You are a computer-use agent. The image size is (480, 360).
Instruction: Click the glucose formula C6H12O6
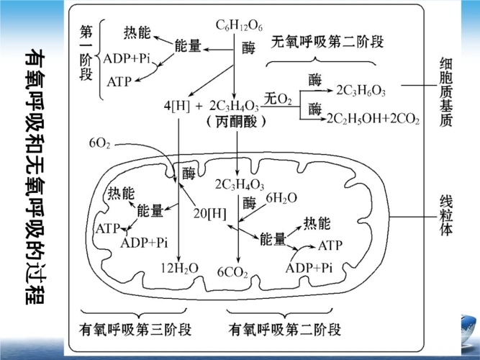tap(240, 27)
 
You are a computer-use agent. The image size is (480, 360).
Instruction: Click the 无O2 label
tap(279, 98)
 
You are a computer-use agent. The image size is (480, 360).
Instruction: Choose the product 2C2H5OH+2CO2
tap(372, 118)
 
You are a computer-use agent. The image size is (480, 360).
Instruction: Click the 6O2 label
tap(99, 144)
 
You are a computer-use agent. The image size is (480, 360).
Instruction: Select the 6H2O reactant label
tap(281, 197)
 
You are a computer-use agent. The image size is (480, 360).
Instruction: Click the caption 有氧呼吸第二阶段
tap(284, 330)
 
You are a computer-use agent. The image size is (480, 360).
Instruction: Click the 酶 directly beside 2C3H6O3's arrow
tap(314, 79)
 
